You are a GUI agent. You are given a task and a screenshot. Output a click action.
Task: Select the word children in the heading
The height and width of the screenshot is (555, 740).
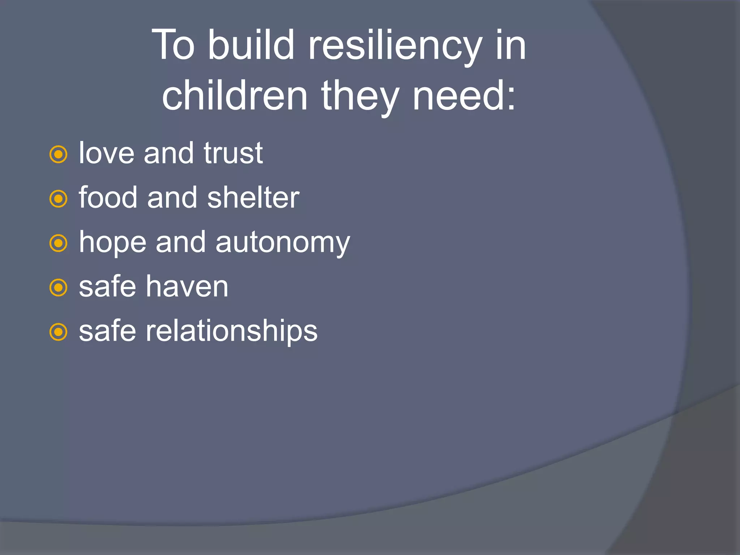click(x=235, y=96)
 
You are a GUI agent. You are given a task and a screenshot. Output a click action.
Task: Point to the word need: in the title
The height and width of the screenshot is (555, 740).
click(x=464, y=96)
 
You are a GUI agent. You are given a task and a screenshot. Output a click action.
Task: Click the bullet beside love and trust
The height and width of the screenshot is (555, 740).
click(x=58, y=155)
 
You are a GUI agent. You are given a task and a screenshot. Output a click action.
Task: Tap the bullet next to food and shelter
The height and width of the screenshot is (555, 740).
click(x=58, y=199)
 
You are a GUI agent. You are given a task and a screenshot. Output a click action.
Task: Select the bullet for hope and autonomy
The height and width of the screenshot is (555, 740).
click(x=58, y=244)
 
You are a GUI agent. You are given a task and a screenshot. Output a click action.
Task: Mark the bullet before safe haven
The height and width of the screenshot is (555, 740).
click(x=58, y=288)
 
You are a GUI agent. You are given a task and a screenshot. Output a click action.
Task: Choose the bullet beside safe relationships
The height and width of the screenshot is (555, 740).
click(x=58, y=332)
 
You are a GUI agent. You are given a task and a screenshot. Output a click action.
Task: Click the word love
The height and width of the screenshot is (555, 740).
click(x=107, y=153)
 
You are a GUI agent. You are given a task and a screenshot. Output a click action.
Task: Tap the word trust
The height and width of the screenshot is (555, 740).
click(x=233, y=153)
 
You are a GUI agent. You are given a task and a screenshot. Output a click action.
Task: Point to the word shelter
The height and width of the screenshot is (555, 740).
click(x=253, y=198)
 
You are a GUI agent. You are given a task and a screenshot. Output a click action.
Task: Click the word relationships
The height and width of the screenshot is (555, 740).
click(x=231, y=331)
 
